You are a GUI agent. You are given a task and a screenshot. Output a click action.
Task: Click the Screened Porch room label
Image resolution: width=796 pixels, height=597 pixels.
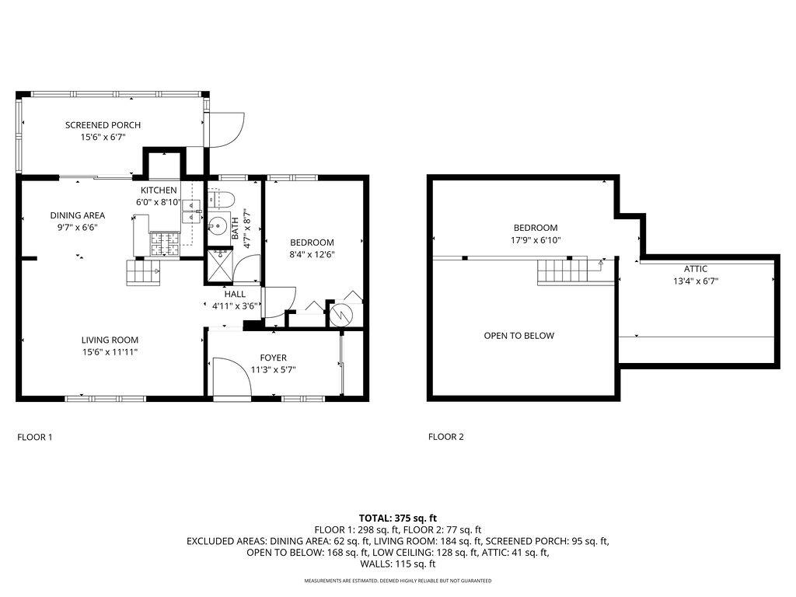(x=103, y=125)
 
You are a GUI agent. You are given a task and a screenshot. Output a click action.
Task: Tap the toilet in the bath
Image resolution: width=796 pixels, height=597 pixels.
(x=221, y=199)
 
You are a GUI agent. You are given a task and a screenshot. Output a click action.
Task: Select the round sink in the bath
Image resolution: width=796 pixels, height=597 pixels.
(x=218, y=224)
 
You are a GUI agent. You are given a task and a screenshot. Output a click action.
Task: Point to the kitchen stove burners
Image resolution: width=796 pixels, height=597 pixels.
(x=165, y=243)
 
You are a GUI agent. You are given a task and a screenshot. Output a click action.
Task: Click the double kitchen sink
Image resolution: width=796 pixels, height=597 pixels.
(x=191, y=211)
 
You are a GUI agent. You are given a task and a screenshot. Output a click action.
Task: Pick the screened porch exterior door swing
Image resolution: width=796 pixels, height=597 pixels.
(x=227, y=130)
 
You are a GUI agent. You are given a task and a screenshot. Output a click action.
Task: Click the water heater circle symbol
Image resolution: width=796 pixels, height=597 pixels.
(x=341, y=315)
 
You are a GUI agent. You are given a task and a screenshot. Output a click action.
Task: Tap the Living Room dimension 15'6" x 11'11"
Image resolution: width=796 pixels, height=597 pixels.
(x=110, y=352)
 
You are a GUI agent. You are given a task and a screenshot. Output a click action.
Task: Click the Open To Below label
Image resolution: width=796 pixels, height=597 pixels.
(x=518, y=336)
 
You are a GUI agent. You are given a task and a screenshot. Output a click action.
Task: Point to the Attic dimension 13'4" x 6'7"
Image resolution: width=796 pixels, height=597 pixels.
(x=696, y=281)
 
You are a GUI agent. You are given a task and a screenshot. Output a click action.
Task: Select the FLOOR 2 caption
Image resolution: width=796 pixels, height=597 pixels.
(x=445, y=437)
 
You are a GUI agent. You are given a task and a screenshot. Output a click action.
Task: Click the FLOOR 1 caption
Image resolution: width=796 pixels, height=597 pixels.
(x=34, y=437)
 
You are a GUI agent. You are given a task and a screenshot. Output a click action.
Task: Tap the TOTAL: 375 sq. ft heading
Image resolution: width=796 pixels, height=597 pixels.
(x=398, y=518)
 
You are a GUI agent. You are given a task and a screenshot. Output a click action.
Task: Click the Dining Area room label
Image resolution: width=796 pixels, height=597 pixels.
(x=78, y=215)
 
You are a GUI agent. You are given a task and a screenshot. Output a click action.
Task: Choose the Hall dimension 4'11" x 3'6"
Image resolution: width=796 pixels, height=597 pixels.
(x=236, y=305)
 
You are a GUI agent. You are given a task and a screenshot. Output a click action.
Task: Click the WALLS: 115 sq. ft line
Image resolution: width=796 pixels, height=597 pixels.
(x=398, y=564)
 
